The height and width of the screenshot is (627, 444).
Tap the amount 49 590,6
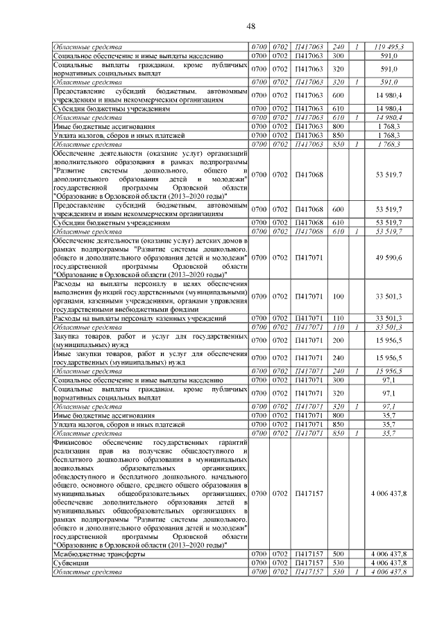click(389, 258)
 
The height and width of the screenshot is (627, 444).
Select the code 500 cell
click(339, 555)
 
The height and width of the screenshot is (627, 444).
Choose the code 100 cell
click(339, 296)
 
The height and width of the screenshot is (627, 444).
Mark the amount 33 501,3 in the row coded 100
click(389, 296)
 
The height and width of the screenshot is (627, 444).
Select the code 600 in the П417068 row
click(339, 208)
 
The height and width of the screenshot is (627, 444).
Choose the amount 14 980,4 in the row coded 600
click(389, 95)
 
